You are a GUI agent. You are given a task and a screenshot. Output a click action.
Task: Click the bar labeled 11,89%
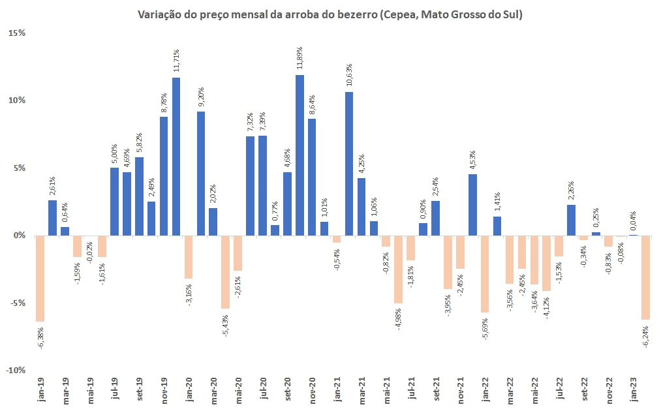[x=300, y=155]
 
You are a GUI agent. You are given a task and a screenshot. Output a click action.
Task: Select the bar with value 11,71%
[x=176, y=157]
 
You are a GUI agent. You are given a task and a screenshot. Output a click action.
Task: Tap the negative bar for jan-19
[x=40, y=279]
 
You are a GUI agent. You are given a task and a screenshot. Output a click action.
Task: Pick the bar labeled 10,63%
[x=349, y=164]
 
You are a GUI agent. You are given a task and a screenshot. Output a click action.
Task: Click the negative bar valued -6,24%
[x=645, y=278]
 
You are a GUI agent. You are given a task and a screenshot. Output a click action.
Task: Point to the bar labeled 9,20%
[x=201, y=174]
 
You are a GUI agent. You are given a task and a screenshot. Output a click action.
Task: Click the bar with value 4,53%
[x=472, y=205]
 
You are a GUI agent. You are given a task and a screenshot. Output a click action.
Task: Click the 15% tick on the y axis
[x=16, y=33]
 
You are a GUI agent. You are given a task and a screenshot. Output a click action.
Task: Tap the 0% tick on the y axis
[x=18, y=236]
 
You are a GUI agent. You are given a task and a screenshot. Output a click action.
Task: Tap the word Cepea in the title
[x=395, y=14]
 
